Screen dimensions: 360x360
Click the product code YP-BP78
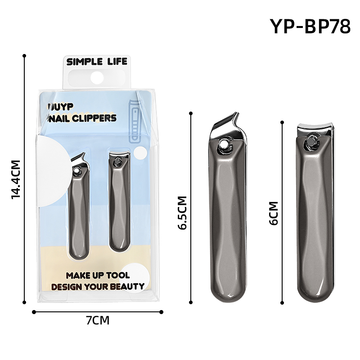(x=310, y=27)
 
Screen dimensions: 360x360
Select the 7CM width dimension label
(x=98, y=320)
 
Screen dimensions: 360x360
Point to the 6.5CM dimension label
(x=182, y=213)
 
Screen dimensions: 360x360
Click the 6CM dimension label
(x=273, y=213)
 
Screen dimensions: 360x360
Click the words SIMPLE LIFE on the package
(x=97, y=62)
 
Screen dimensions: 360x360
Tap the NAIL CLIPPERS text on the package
(x=84, y=118)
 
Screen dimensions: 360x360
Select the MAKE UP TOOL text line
(x=98, y=275)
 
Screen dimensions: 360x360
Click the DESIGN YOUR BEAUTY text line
(x=98, y=286)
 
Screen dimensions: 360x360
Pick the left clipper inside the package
(x=78, y=207)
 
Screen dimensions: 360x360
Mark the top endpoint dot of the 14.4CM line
(x=24, y=56)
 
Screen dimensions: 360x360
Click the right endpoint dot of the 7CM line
(x=162, y=311)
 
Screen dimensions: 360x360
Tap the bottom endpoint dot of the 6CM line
(x=282, y=304)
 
